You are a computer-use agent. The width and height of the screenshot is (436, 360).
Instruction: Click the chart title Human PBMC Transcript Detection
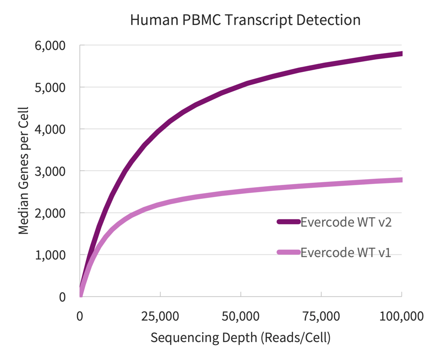pyautogui.click(x=245, y=20)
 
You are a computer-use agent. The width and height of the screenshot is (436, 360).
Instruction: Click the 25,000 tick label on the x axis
pyautogui.click(x=160, y=316)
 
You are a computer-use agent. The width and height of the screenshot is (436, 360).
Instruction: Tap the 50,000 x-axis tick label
pyautogui.click(x=241, y=316)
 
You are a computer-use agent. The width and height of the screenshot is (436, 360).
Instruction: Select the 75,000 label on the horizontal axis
pyautogui.click(x=321, y=316)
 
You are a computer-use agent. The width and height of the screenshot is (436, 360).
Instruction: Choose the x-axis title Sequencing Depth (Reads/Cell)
pyautogui.click(x=240, y=338)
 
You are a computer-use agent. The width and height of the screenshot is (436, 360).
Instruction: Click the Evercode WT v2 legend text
pyautogui.click(x=346, y=222)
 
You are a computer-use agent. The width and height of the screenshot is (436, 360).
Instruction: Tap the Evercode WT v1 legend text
pyautogui.click(x=346, y=253)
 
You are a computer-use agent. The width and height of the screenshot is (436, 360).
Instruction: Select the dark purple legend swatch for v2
pyautogui.click(x=288, y=222)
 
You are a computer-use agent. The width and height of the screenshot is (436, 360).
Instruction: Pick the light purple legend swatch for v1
pyautogui.click(x=288, y=252)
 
